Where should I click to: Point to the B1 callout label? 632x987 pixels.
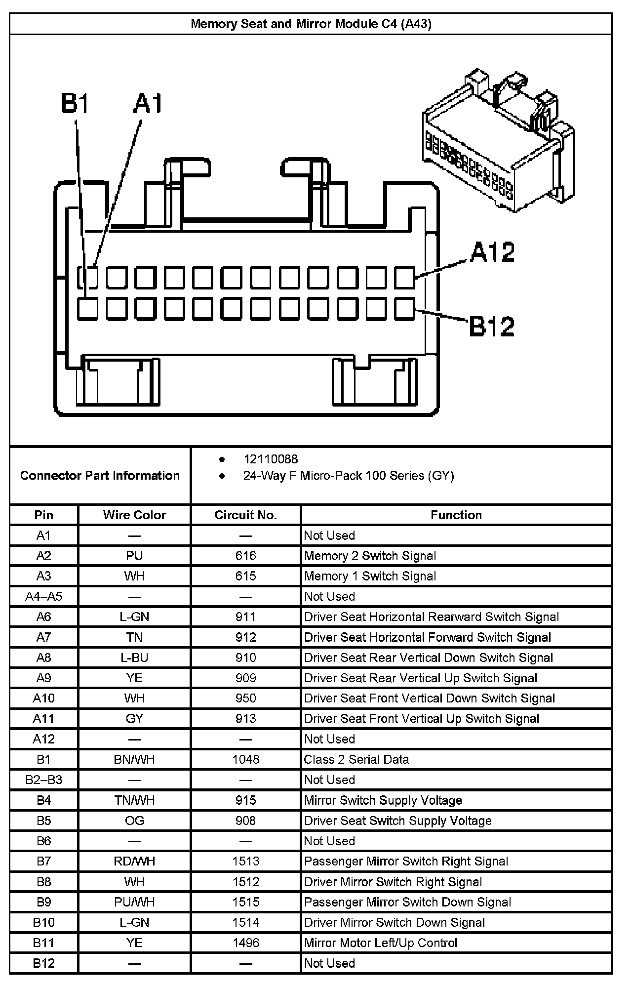[75, 104]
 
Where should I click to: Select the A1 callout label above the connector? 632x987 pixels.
[148, 104]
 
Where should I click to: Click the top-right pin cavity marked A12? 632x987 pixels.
[405, 277]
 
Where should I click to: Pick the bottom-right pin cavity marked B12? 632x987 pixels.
[405, 310]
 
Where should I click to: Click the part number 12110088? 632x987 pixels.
[271, 459]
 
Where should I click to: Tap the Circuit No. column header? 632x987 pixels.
[245, 515]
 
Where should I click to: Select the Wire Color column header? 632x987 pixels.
[134, 515]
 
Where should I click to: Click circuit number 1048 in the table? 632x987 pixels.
[245, 759]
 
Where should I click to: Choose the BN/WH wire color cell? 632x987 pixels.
[134, 759]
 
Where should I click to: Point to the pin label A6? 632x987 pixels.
[43, 617]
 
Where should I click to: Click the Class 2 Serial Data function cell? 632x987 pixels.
[356, 759]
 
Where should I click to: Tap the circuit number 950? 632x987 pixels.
[245, 699]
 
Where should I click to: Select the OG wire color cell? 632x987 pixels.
[134, 821]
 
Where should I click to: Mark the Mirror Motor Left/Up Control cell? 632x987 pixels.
[381, 943]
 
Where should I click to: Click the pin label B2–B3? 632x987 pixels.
[43, 780]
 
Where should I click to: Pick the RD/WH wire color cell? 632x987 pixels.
[134, 862]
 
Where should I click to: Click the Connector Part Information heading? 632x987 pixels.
[100, 476]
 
